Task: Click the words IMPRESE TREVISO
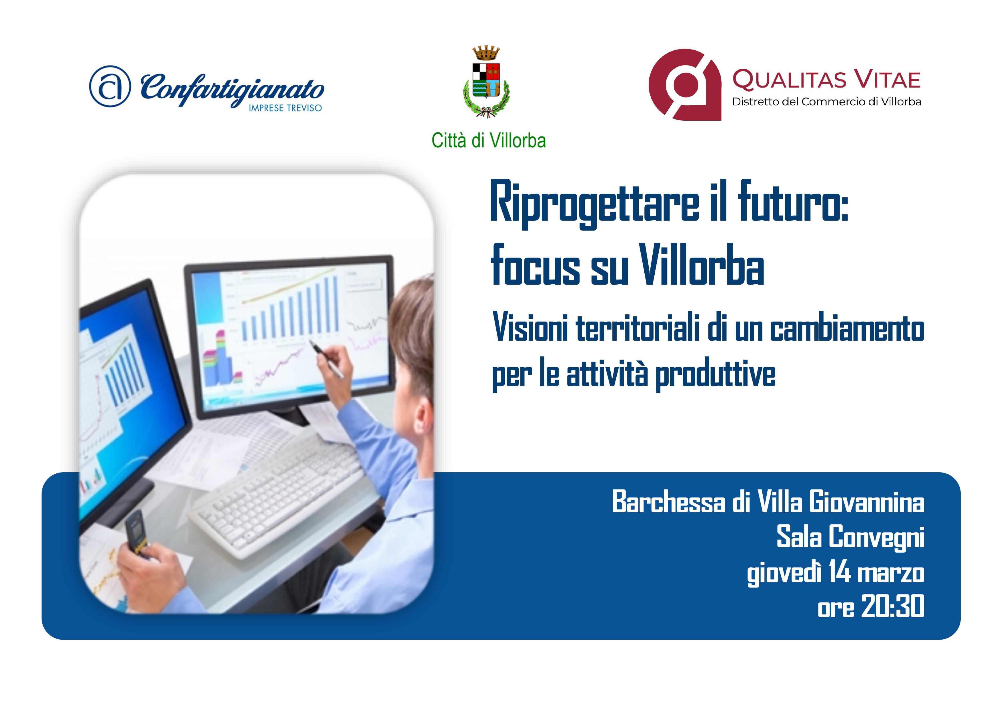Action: point(285,108)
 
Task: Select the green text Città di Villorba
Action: point(488,141)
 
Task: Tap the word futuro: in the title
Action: point(793,202)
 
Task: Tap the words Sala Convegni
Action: point(850,537)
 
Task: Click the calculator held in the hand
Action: point(136,534)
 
